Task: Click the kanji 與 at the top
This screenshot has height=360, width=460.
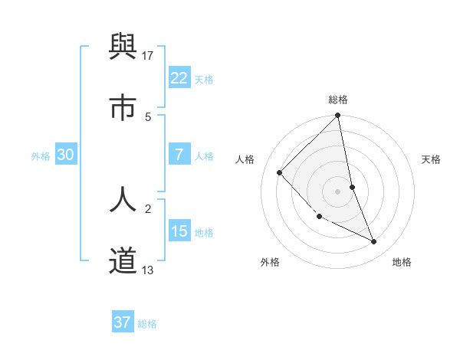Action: [x=123, y=48]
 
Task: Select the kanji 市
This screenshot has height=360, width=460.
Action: [x=123, y=108]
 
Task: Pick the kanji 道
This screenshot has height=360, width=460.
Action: [x=123, y=260]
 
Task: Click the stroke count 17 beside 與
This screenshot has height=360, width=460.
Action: [x=148, y=56]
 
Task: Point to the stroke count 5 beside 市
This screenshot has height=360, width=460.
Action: [x=148, y=116]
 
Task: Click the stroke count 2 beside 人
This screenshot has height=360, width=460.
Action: [x=148, y=208]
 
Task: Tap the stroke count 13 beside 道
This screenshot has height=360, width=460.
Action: [x=148, y=270]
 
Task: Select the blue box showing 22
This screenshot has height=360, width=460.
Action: [x=179, y=78]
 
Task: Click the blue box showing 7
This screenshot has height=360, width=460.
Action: [x=179, y=155]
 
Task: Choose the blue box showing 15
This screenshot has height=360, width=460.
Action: [x=179, y=231]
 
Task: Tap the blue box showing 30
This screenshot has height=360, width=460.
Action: [x=66, y=155]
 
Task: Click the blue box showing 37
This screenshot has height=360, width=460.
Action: [x=123, y=322]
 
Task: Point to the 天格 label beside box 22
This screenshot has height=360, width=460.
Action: [x=204, y=80]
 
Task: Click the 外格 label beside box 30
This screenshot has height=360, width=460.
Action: [x=41, y=156]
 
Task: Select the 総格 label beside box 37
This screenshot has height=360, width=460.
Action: [x=147, y=324]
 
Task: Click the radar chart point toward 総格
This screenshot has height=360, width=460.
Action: [x=337, y=116]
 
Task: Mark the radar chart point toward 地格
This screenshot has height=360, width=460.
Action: [x=374, y=241]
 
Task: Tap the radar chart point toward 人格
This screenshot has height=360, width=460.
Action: [x=280, y=173]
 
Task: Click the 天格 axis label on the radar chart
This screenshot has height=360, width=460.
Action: [x=432, y=159]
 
